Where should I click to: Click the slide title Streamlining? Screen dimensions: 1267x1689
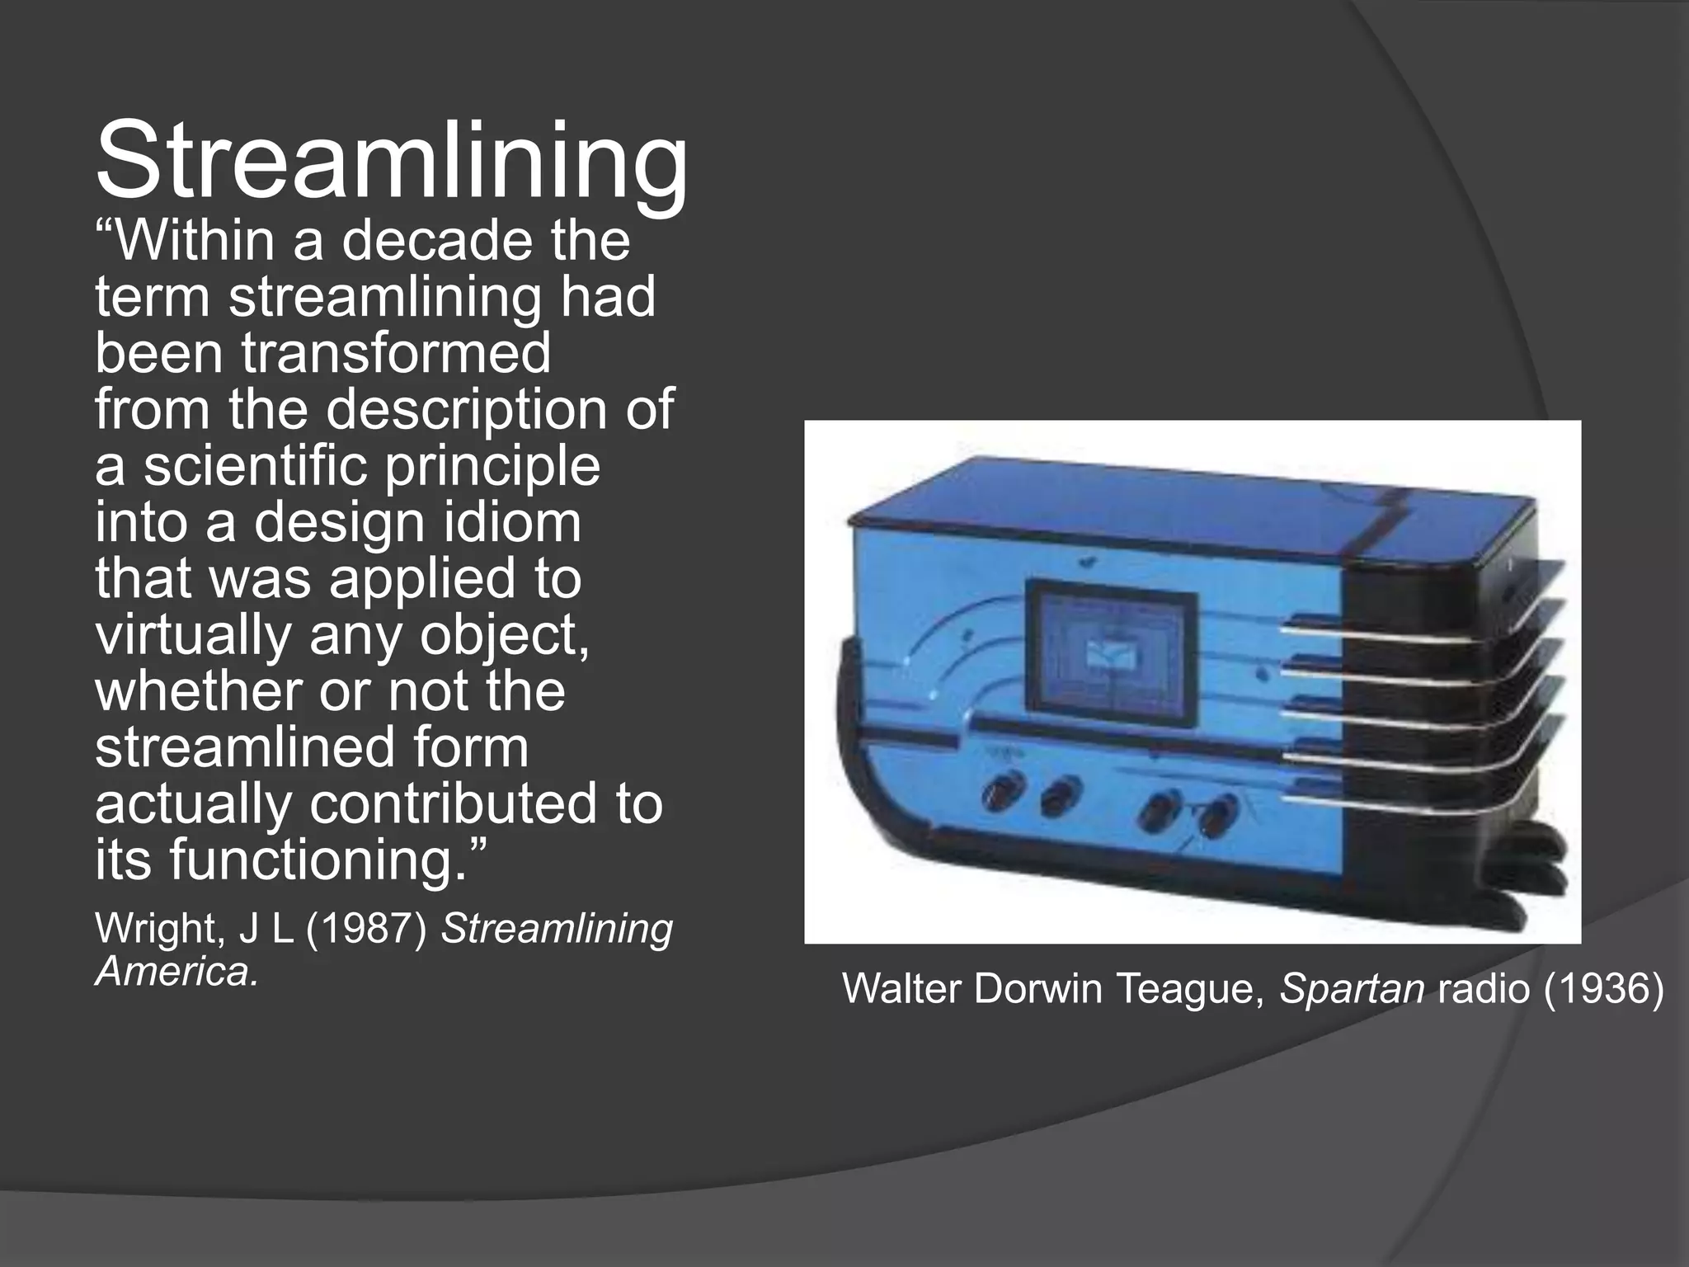[x=391, y=161]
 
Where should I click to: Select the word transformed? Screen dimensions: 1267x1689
[x=396, y=353]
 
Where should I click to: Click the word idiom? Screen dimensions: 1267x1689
[x=512, y=522]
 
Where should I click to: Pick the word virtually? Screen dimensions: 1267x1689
[x=194, y=635]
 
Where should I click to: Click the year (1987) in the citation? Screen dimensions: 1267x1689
[x=366, y=929]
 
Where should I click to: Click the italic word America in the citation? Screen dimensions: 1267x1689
[x=176, y=972]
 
